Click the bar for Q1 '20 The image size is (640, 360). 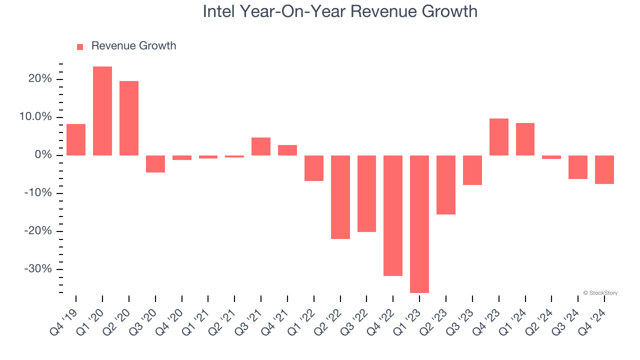click(102, 111)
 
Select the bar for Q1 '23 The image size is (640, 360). click(419, 224)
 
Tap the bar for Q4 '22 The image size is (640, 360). click(393, 215)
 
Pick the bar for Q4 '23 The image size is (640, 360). click(499, 137)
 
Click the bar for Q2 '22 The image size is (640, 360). click(340, 197)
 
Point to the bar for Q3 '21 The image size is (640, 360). click(261, 146)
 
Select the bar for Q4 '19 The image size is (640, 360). click(76, 139)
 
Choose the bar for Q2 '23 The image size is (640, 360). click(446, 185)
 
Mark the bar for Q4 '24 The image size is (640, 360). click(604, 169)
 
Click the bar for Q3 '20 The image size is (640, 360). click(155, 164)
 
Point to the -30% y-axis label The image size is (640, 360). click(38, 269)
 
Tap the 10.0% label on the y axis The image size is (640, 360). click(36, 117)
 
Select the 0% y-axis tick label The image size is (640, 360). click(43, 155)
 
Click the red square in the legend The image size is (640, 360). click(80, 46)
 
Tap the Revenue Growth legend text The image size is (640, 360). click(133, 46)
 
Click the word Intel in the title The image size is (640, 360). click(218, 11)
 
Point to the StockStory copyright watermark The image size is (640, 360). click(600, 293)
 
